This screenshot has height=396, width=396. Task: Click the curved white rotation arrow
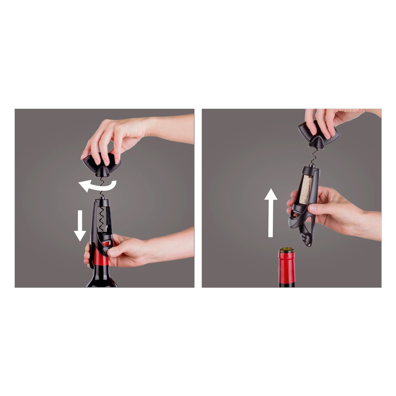(98, 187)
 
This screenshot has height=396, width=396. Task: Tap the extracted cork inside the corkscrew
(305, 190)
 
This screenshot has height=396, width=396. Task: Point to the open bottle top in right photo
(286, 250)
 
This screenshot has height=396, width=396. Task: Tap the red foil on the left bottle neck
(101, 260)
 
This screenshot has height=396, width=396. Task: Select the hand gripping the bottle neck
(128, 251)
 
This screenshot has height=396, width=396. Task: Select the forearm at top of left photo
(172, 128)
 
